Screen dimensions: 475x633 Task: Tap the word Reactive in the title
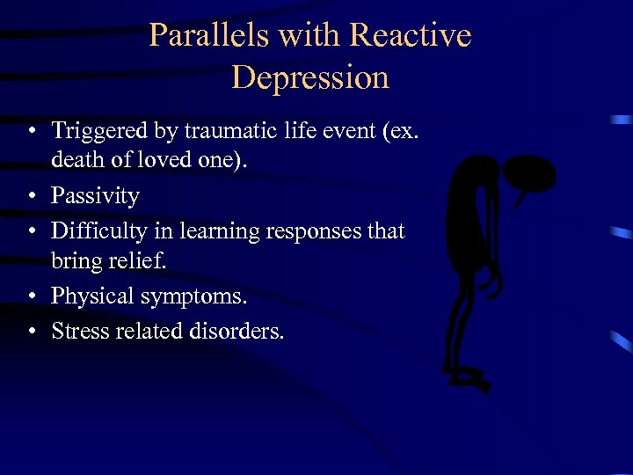[411, 35]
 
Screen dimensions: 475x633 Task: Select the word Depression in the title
[310, 77]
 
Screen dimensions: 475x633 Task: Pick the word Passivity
[95, 195]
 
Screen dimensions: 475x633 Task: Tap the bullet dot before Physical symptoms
[31, 297]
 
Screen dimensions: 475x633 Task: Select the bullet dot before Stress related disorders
[31, 332]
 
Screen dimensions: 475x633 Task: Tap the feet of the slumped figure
[470, 379]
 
